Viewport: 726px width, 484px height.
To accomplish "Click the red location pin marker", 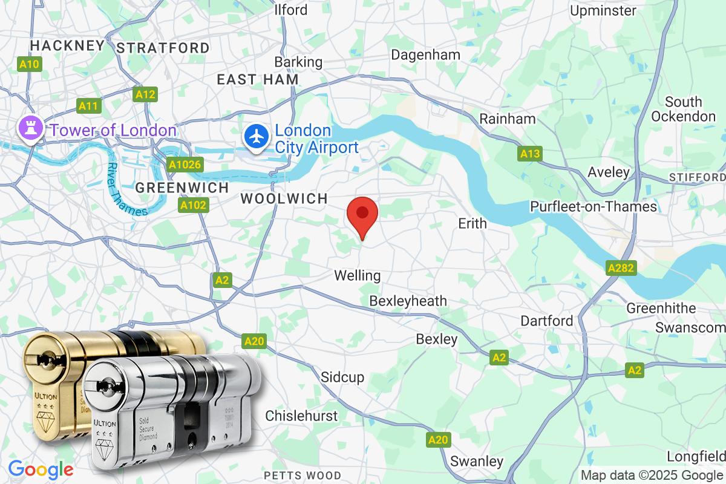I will pos(362,215).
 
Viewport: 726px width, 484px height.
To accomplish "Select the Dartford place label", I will pos(547,321).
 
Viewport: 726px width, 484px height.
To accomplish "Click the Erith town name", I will pos(473,223).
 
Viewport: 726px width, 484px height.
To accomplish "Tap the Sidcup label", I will pos(342,378).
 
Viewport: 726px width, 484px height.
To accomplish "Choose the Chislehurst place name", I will pos(301,416).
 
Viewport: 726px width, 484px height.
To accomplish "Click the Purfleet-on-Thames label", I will pos(593,207).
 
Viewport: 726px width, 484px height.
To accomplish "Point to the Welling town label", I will pos(358,276).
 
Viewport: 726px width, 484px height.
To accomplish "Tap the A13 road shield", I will pos(530,154).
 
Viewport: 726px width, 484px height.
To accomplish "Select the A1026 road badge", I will pos(186,165).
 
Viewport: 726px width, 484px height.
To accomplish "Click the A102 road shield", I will pos(194,206).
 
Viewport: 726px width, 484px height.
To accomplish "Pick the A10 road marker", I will pos(29,64).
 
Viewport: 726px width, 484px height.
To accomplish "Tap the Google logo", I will pos(41,469).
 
